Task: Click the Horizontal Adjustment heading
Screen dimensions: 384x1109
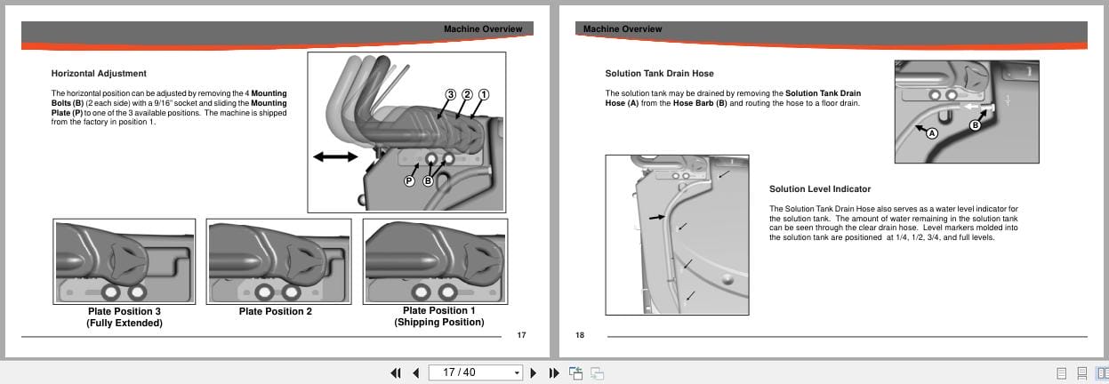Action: [99, 73]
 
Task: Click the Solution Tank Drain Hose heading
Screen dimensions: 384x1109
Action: [659, 73]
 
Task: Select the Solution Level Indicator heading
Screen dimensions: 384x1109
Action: [820, 188]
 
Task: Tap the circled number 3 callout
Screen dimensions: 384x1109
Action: [451, 94]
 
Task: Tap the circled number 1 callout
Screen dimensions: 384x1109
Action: [484, 94]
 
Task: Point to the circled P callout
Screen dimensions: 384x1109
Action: [409, 180]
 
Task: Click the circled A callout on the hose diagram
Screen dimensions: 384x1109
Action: [932, 133]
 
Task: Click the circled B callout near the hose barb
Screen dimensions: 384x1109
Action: [975, 125]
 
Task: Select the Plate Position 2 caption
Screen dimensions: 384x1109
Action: [276, 311]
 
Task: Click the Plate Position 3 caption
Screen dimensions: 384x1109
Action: [125, 311]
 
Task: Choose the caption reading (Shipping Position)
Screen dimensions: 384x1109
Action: [439, 322]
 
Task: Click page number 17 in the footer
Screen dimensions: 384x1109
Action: [521, 335]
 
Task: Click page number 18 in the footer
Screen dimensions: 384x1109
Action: [579, 335]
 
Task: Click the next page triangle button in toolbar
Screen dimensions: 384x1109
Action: [534, 372]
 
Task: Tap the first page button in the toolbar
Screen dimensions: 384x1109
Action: [396, 372]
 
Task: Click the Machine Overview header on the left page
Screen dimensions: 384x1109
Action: [483, 29]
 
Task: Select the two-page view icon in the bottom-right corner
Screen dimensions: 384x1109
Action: [1102, 372]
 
